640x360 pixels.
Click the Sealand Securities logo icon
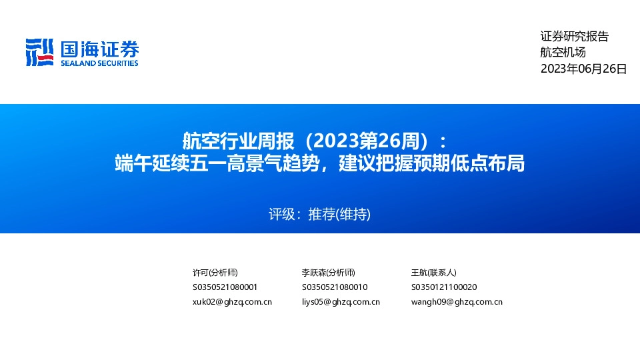point(39,52)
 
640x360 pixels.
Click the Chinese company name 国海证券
point(99,49)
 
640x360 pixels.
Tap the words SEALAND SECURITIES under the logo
point(99,63)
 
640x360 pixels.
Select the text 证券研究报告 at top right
point(574,37)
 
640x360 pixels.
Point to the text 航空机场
point(563,53)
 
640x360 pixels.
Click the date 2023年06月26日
point(583,69)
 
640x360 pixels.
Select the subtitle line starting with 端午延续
point(319,163)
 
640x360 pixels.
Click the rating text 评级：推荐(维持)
point(319,215)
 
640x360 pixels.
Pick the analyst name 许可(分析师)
point(215,273)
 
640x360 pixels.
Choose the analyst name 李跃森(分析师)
point(328,273)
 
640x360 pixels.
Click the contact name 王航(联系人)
point(433,273)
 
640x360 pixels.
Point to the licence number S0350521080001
point(225,287)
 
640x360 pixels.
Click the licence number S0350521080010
point(335,287)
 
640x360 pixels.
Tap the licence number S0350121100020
point(444,287)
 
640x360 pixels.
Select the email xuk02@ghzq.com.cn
point(232,302)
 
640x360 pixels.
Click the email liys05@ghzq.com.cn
point(341,302)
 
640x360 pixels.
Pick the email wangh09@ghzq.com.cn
point(457,302)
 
